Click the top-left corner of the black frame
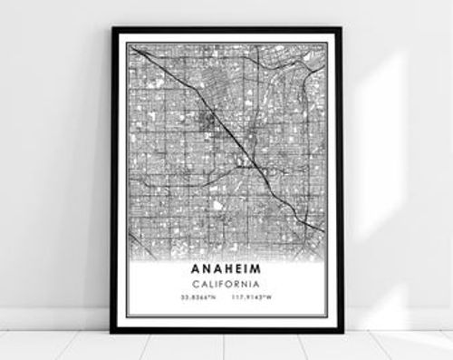click(x=113, y=28)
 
